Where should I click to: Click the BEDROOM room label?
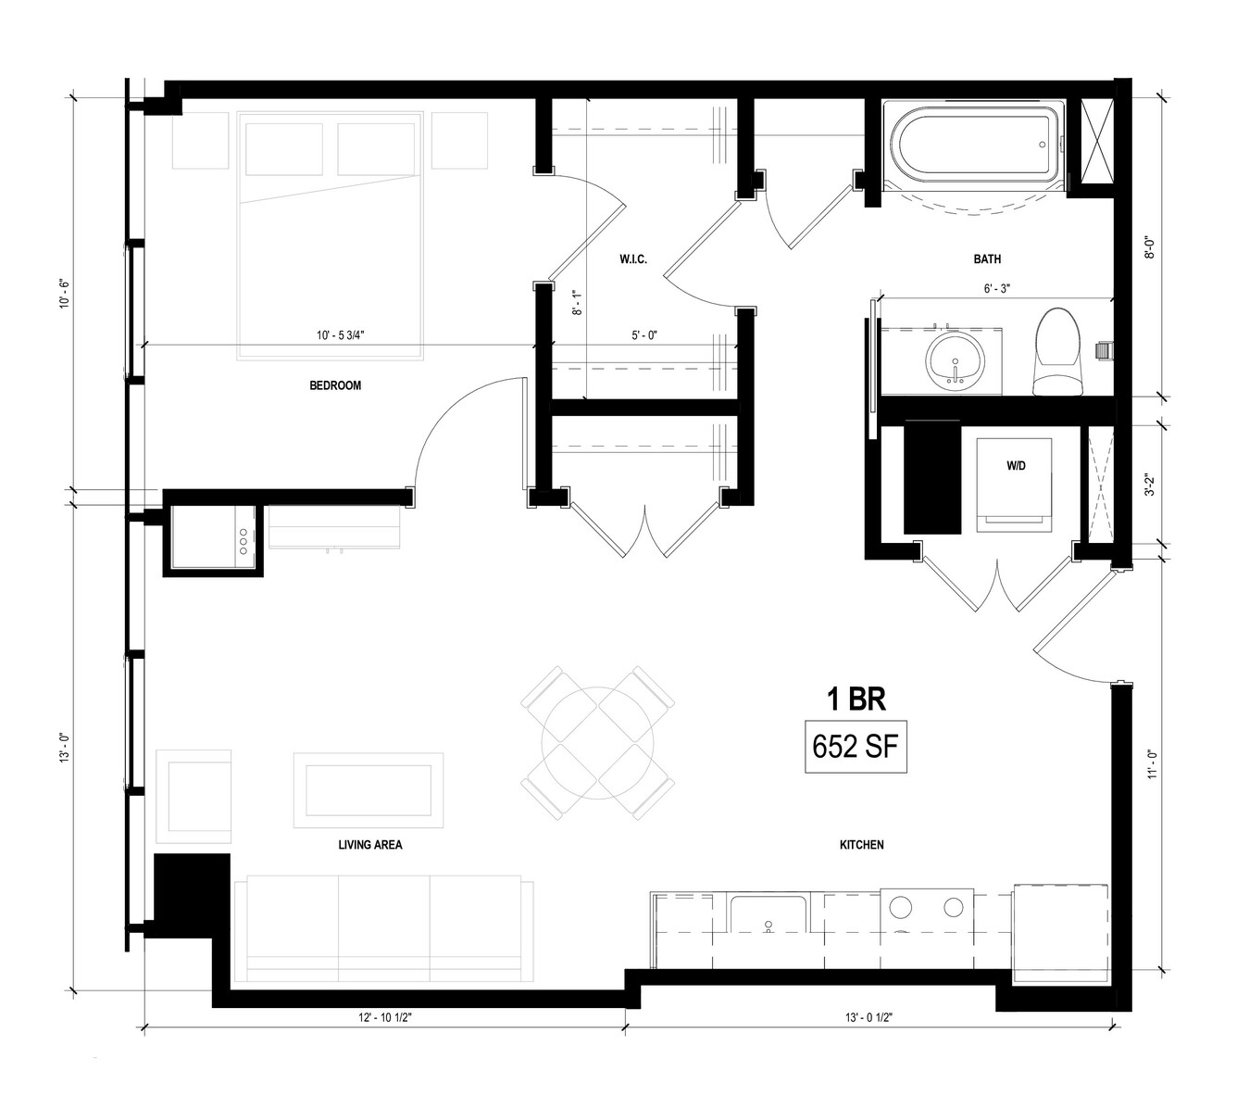pos(335,385)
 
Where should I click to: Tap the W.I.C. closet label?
pos(633,259)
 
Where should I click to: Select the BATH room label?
pos(987,259)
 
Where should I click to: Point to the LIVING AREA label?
pos(370,845)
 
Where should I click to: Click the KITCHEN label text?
pos(861,845)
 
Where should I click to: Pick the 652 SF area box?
pos(856,747)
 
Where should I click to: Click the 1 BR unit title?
pos(856,699)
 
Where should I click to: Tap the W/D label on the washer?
pos(1016,466)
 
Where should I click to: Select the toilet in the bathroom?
pos(1058,352)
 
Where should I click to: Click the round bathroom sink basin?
pos(956,361)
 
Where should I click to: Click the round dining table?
pos(598,743)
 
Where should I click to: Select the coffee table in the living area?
pos(369,790)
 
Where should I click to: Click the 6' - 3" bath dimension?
pos(997,289)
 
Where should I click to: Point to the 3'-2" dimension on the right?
pos(1151,484)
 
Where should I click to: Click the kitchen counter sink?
pos(769,914)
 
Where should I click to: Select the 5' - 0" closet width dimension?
pos(644,335)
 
